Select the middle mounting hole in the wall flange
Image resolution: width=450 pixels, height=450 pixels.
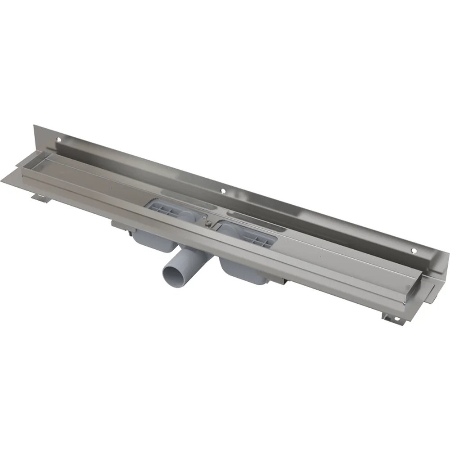point(223,191)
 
